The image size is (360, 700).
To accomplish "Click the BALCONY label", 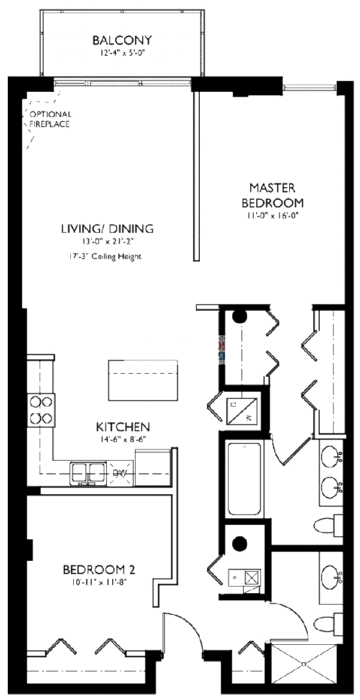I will click(x=122, y=41).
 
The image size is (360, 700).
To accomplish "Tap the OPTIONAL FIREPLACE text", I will click(x=50, y=119).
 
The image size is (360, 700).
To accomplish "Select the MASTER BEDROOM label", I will click(x=272, y=195).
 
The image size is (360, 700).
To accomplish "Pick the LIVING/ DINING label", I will click(x=107, y=229).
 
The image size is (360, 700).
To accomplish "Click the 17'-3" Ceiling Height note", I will click(x=105, y=257).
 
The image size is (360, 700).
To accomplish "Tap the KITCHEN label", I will click(x=122, y=427).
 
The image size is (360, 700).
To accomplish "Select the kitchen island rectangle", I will click(x=145, y=380).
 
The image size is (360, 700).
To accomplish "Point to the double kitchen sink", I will click(x=88, y=472).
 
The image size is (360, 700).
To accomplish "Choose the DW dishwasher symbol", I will click(x=121, y=473).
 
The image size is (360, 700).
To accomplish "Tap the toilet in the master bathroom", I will click(x=329, y=525).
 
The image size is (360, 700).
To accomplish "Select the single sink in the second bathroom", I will click(x=331, y=578).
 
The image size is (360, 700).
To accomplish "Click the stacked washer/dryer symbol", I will click(x=243, y=411).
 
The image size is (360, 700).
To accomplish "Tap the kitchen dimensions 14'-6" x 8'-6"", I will click(x=122, y=440).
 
